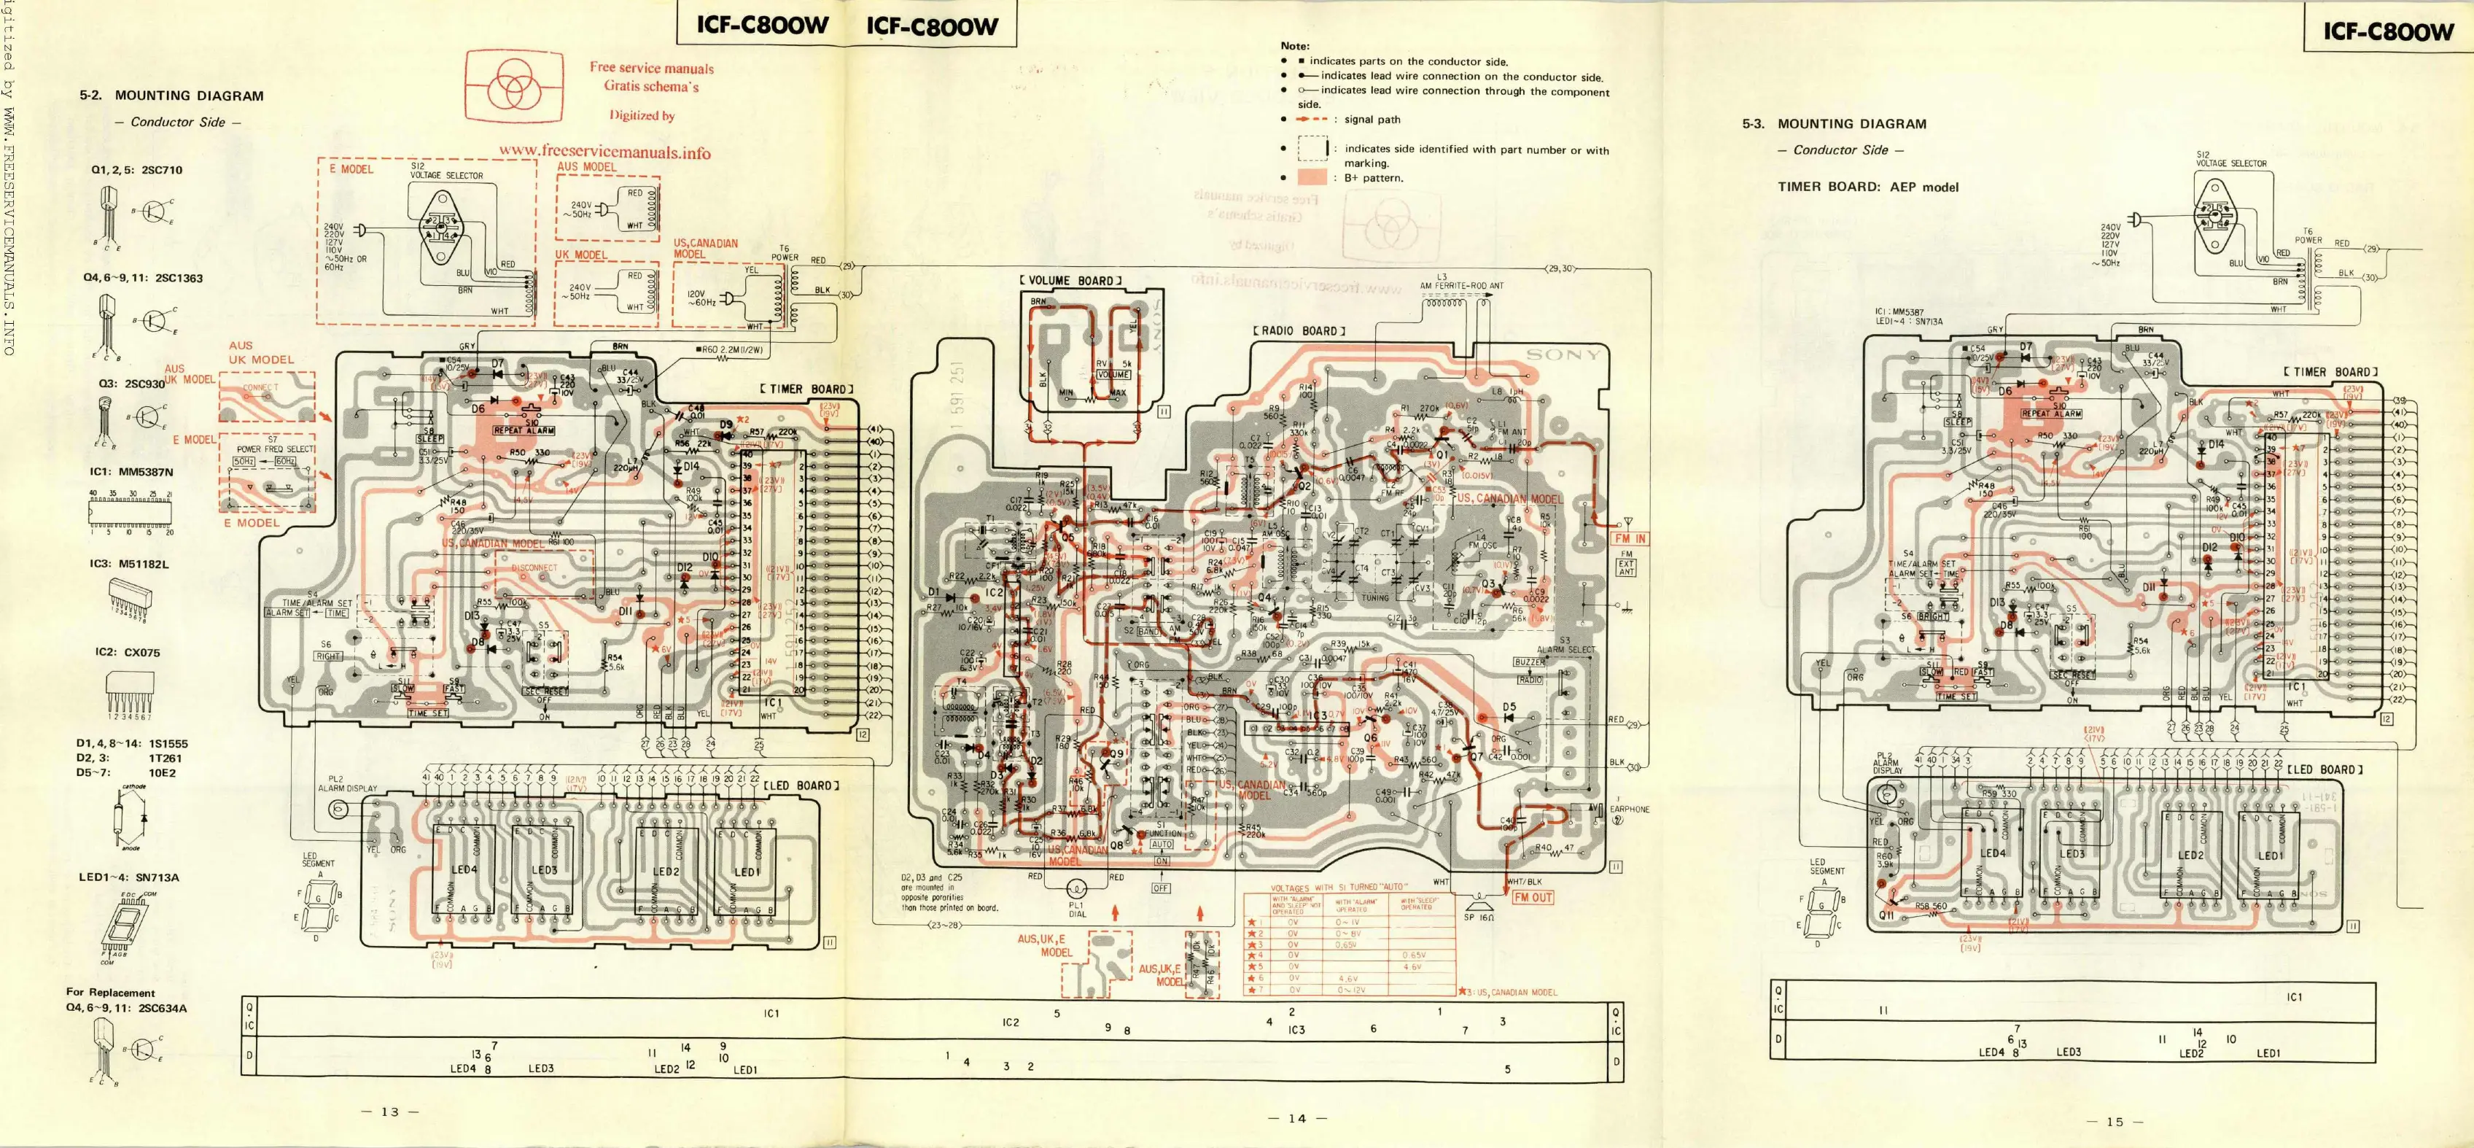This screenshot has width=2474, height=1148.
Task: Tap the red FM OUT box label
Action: click(x=1533, y=897)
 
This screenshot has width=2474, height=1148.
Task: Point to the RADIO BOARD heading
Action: click(x=1299, y=331)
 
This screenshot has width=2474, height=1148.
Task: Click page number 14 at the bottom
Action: click(x=1296, y=1118)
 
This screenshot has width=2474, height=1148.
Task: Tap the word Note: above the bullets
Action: click(x=1295, y=46)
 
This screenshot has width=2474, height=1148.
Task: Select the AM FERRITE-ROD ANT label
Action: click(x=1462, y=285)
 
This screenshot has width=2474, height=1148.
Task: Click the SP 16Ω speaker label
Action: click(x=1479, y=918)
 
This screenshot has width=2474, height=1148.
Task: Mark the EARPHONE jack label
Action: click(x=1629, y=809)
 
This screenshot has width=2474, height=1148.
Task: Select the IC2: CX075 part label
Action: click(x=127, y=652)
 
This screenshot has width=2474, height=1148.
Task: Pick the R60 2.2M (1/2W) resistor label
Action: click(x=731, y=349)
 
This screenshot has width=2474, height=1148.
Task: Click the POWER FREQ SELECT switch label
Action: click(x=275, y=449)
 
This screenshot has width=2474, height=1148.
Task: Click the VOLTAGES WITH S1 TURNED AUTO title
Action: click(x=1339, y=888)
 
